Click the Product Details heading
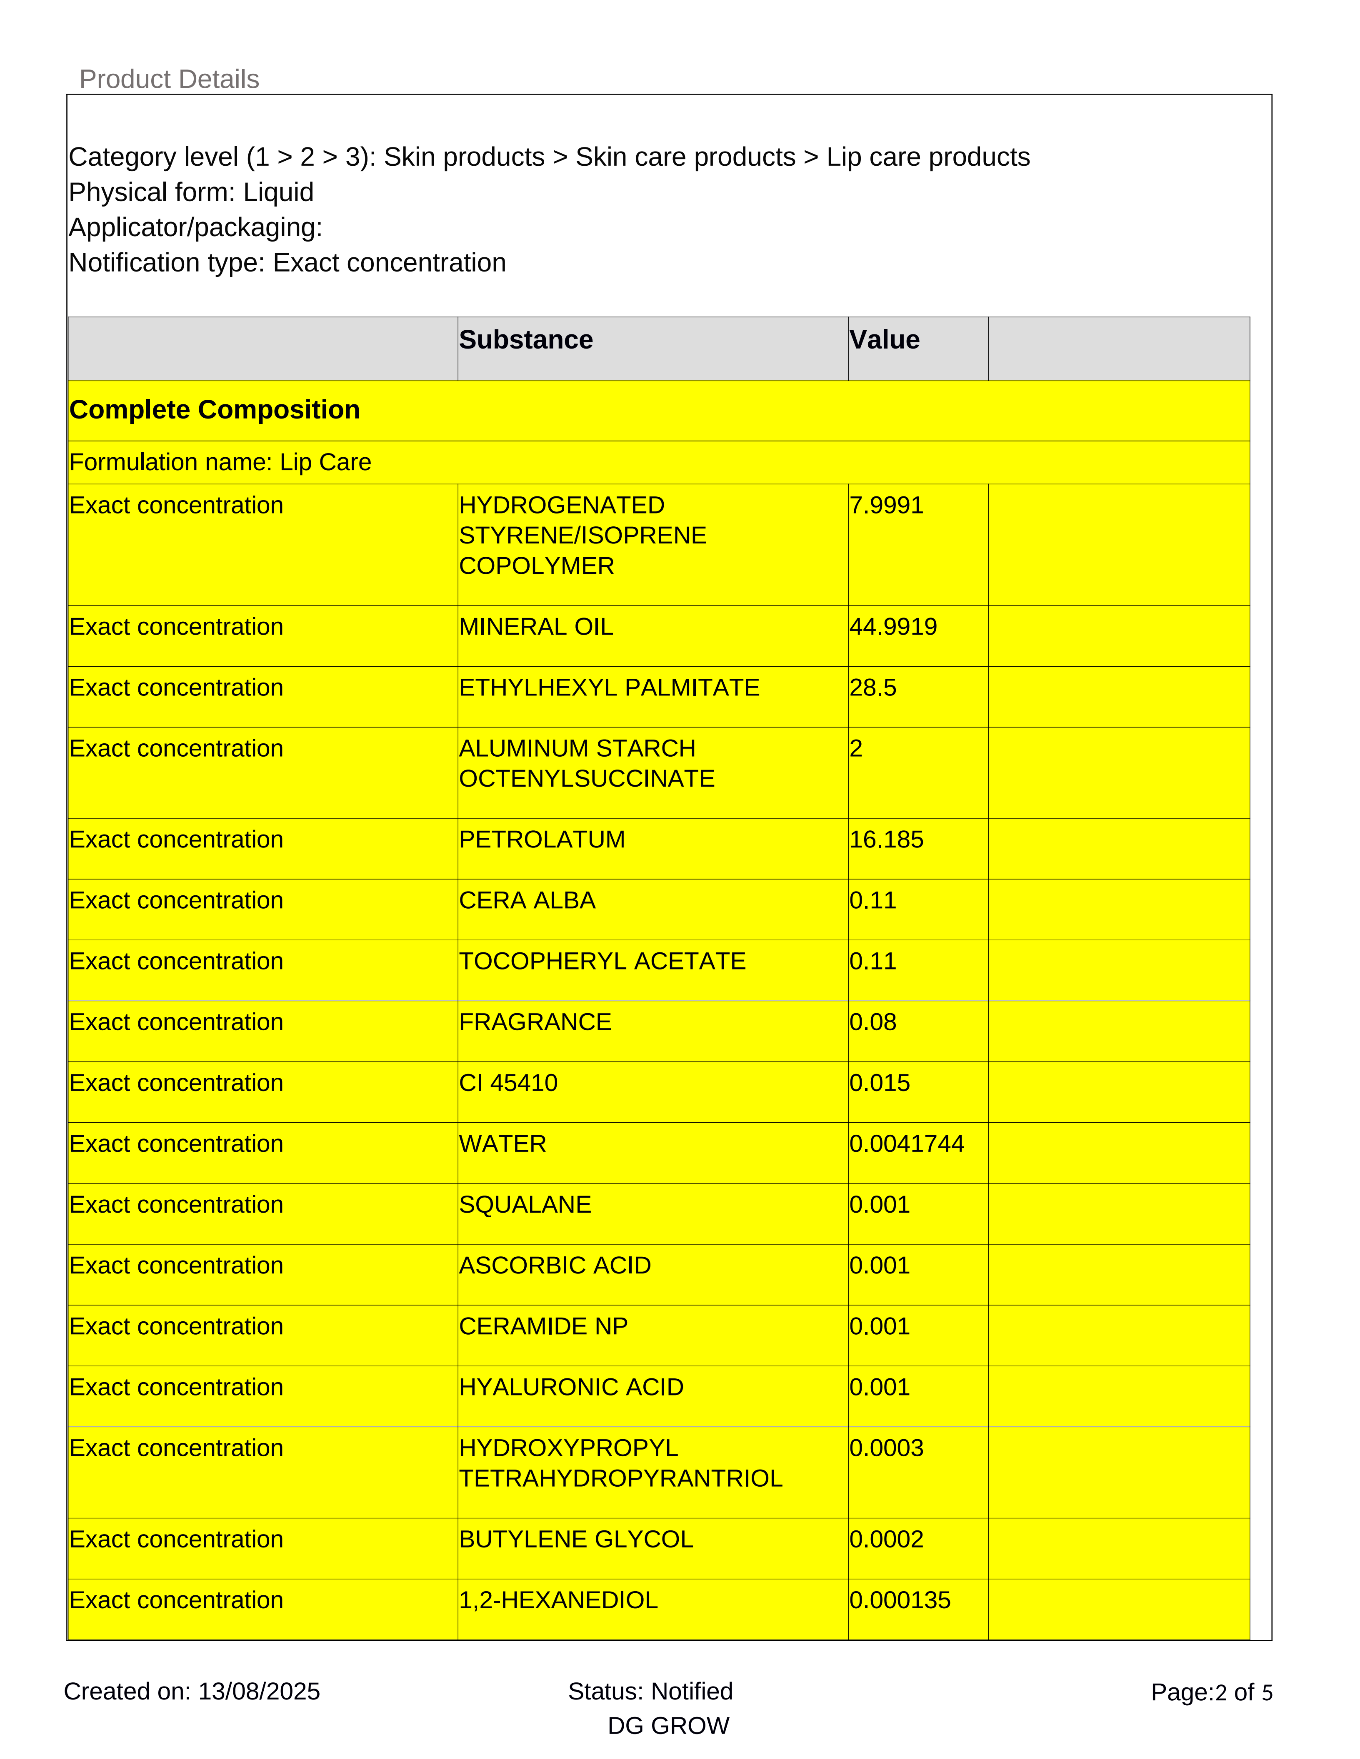pos(169,79)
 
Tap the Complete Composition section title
pos(214,410)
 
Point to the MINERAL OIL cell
pos(536,627)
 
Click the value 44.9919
pos(892,627)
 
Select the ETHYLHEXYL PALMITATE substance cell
pos(609,688)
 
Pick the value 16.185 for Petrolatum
pos(886,839)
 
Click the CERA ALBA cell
pos(527,900)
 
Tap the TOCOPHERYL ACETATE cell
pos(602,961)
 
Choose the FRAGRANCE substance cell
pos(535,1022)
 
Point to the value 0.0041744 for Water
pos(906,1144)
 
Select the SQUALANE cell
pos(525,1205)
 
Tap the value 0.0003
pos(886,1448)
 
